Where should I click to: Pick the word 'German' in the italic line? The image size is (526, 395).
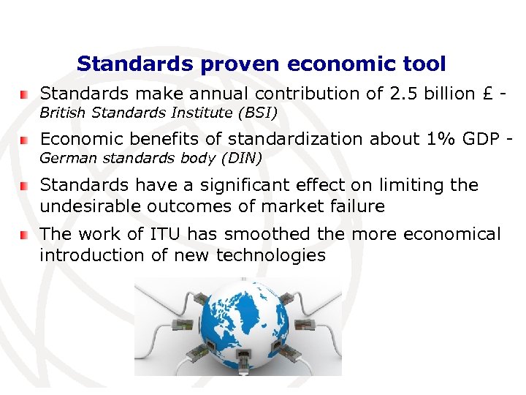pyautogui.click(x=63, y=158)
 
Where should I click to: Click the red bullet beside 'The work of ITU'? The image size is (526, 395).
pyautogui.click(x=25, y=235)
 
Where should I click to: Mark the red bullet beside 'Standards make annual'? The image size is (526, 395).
pyautogui.click(x=25, y=95)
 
